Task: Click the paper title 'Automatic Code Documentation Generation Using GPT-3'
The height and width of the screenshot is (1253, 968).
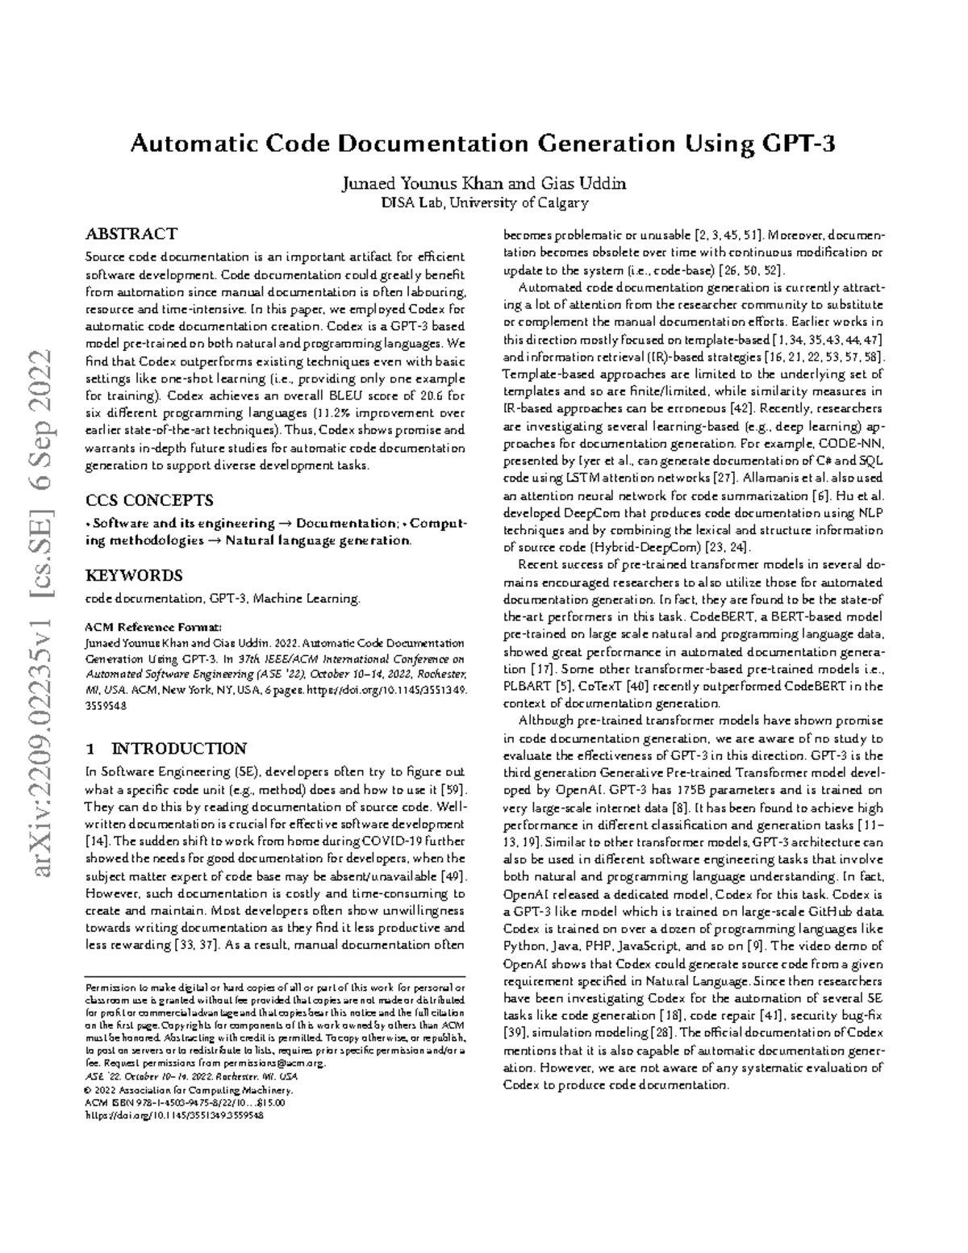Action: (483, 144)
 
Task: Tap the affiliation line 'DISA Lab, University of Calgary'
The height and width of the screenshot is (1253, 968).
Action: (484, 203)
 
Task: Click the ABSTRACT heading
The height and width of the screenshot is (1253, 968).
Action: (131, 234)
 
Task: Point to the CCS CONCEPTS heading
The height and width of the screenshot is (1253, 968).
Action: (149, 499)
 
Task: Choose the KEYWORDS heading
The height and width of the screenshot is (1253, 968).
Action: (134, 575)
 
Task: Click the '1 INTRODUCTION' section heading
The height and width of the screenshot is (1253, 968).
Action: (166, 748)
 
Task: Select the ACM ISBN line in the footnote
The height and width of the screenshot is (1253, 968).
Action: (186, 1102)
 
